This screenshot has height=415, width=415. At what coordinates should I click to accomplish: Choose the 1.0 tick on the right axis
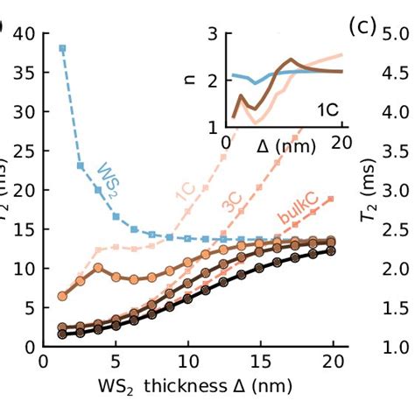coord(395,347)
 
